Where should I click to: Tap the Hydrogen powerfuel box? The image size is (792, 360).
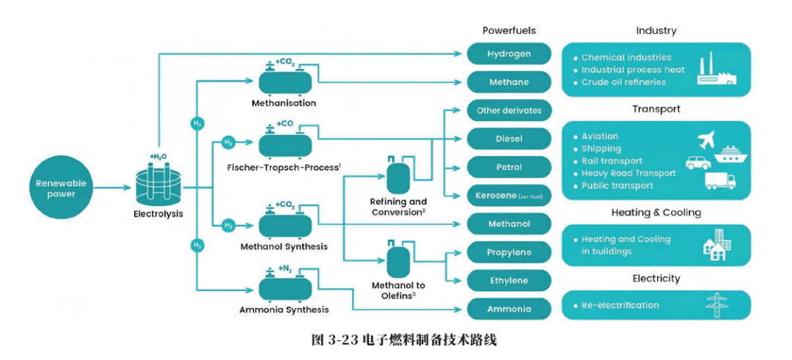509,54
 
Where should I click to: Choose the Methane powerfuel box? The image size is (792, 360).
509,82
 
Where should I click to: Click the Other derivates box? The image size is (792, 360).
509,111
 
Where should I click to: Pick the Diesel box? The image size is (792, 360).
509,139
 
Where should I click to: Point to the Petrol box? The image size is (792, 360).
509,167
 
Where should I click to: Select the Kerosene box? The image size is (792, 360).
509,196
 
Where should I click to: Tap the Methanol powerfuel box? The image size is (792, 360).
509,224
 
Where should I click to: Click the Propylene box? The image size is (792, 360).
509,252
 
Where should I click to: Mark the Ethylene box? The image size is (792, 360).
509,281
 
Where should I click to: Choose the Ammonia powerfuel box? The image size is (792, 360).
509,309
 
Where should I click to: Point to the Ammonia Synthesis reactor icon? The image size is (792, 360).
285,285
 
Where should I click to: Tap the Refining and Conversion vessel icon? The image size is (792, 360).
398,176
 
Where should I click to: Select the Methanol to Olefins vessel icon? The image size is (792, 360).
398,260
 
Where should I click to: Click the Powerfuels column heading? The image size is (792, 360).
509,31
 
